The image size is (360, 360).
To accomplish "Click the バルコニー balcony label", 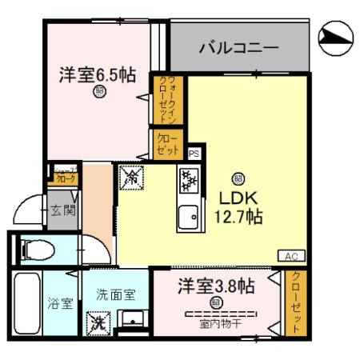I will point(238,48).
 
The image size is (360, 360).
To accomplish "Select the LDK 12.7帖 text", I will point(237,206).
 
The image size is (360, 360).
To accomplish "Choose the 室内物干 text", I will point(216,324).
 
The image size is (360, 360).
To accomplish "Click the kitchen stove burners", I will point(190,180).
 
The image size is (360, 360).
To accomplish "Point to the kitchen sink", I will point(190,216).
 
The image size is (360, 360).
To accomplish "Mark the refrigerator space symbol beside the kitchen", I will point(130,179).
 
